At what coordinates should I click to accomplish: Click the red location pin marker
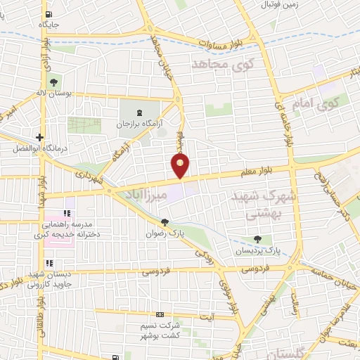[x=181, y=166]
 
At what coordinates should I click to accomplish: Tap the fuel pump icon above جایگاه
[x=48, y=15]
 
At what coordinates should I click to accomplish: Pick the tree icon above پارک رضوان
[x=165, y=224]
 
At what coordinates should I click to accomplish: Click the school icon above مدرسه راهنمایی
[x=68, y=213]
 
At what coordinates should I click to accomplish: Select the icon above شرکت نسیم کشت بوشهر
[x=160, y=314]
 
